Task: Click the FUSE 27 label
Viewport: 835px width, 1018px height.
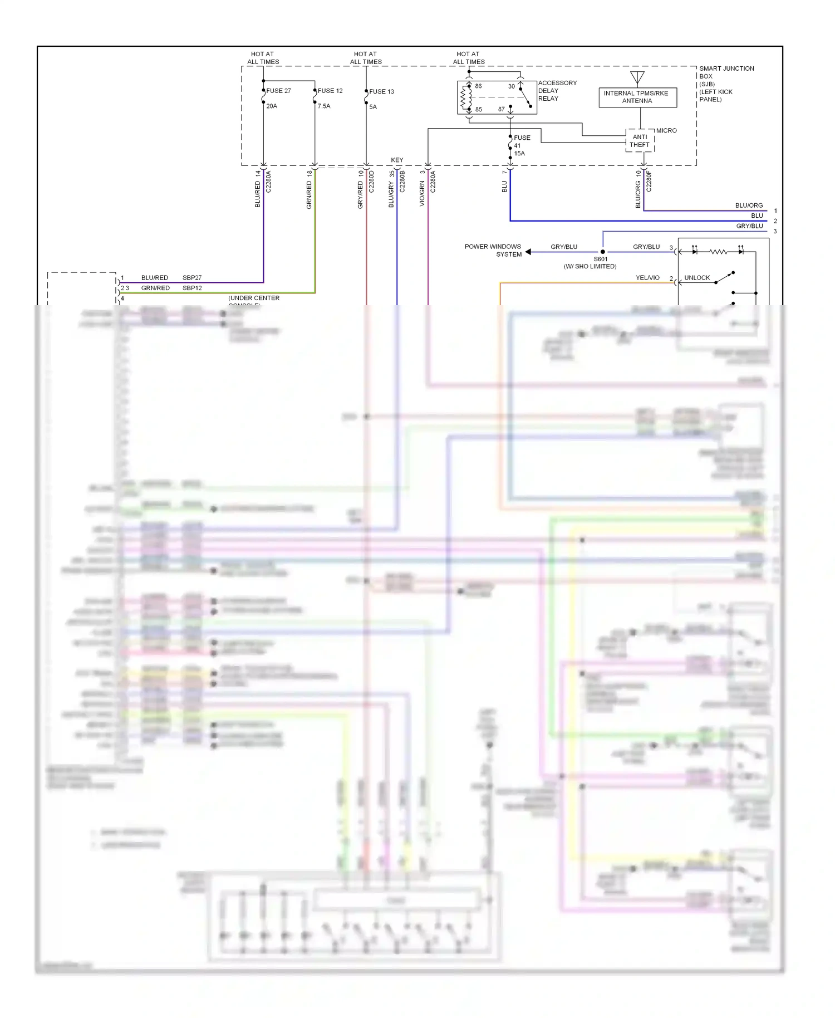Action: click(x=278, y=91)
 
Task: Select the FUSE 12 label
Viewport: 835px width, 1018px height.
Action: click(x=330, y=91)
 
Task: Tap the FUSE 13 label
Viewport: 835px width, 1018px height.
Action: click(x=381, y=91)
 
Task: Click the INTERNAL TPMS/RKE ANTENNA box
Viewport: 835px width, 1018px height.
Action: click(x=637, y=97)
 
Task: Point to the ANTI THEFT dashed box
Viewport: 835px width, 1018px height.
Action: click(x=640, y=141)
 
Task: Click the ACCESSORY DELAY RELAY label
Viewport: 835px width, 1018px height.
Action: click(x=557, y=91)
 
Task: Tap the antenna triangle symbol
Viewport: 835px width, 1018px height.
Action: click(x=637, y=77)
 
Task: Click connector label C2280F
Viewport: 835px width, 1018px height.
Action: click(x=649, y=182)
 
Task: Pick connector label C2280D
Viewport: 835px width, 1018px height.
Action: click(x=372, y=182)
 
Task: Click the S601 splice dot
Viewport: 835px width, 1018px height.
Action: click(x=602, y=252)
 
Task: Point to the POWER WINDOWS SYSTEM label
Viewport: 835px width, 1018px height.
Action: click(x=493, y=250)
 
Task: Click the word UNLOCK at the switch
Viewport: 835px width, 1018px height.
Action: click(x=697, y=277)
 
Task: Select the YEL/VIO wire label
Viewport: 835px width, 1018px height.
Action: click(x=647, y=277)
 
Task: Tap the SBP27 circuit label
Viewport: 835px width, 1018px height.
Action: click(x=192, y=277)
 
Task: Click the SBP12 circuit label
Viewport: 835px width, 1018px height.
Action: click(x=192, y=288)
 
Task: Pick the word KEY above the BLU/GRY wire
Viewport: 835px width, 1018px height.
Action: click(x=397, y=160)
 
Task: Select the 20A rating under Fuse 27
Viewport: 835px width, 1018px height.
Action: click(x=272, y=106)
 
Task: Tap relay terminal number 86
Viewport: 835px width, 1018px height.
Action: click(x=478, y=86)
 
